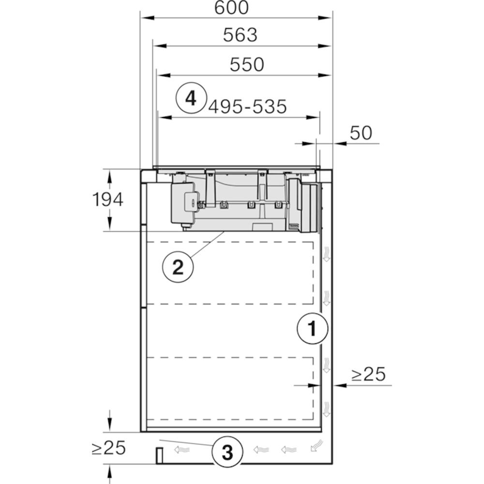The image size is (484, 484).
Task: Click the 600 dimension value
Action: [x=231, y=8]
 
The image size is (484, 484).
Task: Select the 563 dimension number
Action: [x=240, y=35]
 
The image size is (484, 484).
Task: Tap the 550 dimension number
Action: [x=247, y=64]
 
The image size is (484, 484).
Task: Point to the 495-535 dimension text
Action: [x=247, y=107]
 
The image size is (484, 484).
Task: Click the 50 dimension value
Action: [x=361, y=133]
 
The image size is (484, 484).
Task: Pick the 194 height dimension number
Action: [x=108, y=199]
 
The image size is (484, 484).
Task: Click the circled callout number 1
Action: [x=312, y=329]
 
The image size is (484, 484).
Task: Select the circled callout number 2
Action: [x=178, y=267]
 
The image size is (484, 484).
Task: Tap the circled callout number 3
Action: [x=227, y=452]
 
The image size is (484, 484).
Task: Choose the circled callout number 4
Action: [x=191, y=98]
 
